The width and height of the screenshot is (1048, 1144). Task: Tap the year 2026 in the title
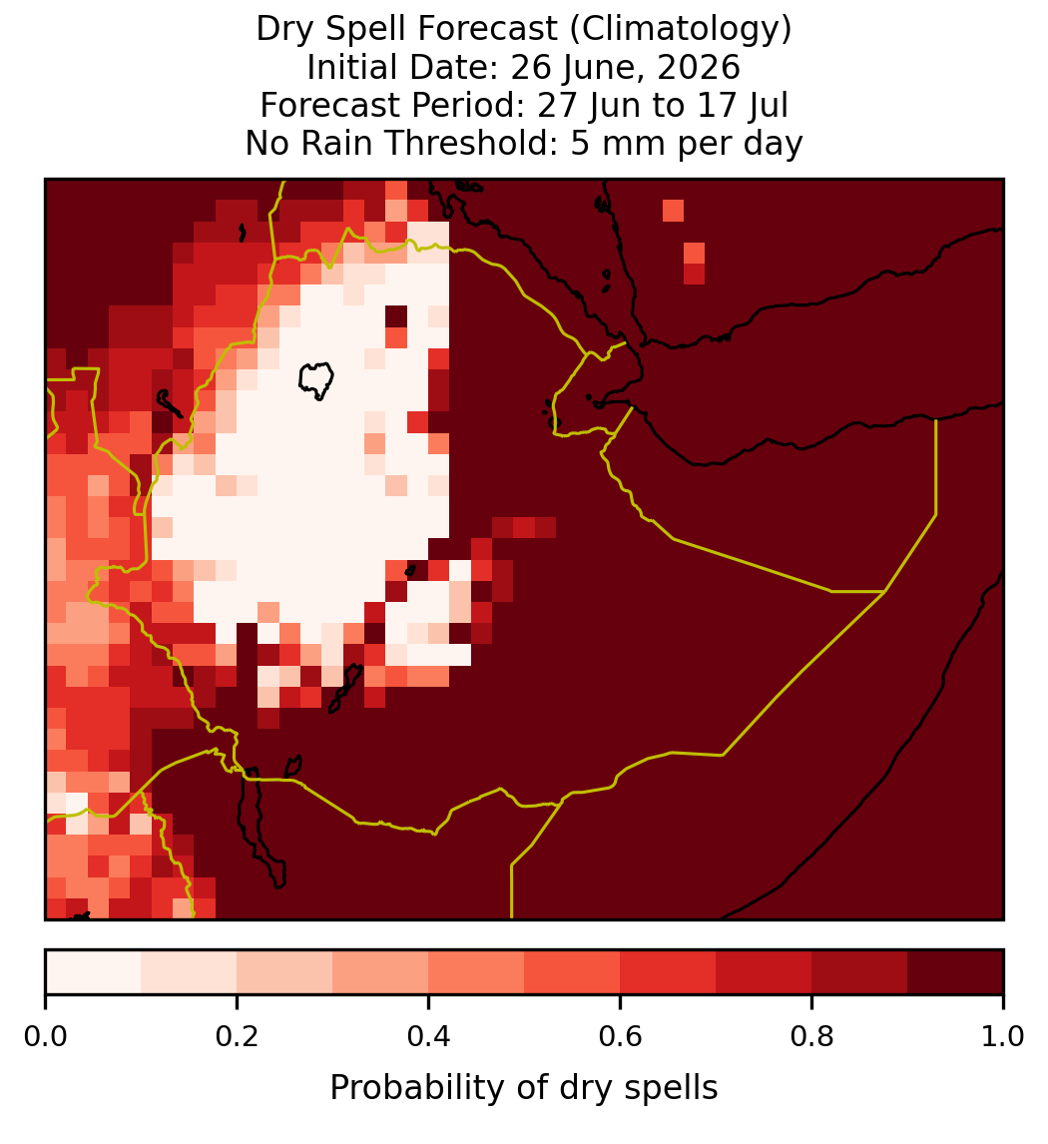tap(699, 67)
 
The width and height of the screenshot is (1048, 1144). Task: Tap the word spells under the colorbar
tap(672, 1088)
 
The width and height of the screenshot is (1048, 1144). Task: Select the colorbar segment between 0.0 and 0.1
tap(94, 972)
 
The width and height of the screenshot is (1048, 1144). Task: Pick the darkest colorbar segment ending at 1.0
tap(955, 972)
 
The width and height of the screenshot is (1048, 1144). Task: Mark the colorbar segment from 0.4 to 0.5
tap(476, 972)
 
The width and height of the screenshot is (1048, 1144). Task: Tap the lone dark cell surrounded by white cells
tap(396, 316)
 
